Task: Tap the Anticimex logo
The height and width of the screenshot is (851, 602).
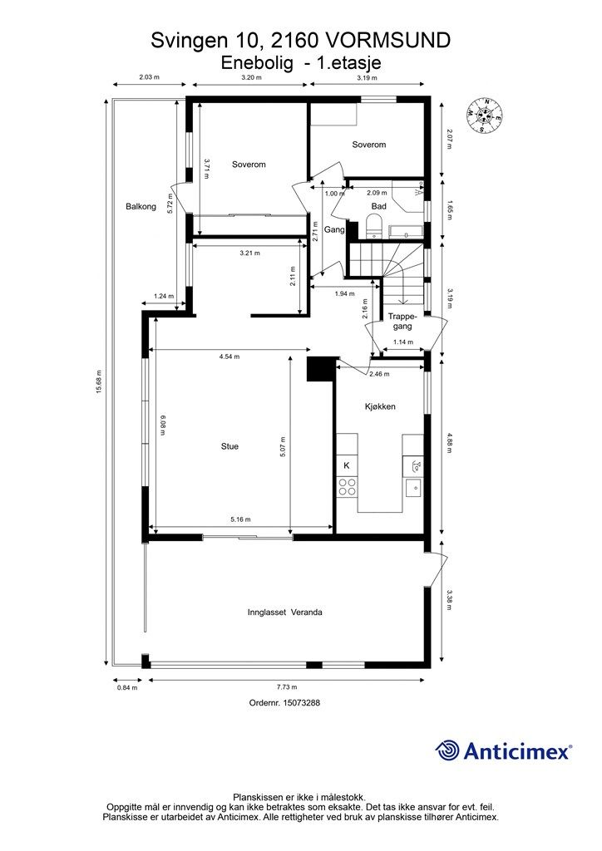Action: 503,751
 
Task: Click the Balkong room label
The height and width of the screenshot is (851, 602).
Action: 141,206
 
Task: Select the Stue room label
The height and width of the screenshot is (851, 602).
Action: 229,446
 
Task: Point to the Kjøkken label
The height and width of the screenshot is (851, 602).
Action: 379,406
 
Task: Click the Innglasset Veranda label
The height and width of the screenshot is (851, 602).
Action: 285,612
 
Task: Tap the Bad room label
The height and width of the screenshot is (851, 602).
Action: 379,206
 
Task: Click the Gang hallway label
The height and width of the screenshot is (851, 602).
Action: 334,229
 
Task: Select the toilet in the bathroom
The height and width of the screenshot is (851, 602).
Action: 373,226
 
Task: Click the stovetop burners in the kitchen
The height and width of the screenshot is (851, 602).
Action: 347,487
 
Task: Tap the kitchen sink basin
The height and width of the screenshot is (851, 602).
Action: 413,487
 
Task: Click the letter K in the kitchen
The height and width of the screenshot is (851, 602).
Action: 347,465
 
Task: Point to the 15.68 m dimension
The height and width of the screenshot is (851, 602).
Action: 99,382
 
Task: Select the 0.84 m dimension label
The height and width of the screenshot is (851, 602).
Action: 127,687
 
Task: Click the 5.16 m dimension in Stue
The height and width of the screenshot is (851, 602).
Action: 240,519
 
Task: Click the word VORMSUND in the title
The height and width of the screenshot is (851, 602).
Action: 387,40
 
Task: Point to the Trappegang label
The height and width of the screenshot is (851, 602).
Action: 402,322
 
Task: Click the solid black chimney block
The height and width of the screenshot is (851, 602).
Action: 321,369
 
